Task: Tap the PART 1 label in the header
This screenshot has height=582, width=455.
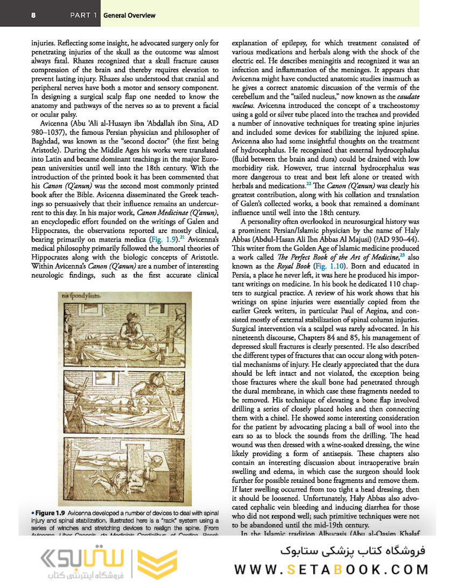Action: coord(83,15)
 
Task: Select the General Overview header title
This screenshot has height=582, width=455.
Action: coord(129,15)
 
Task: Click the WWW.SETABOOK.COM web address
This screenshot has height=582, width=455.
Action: coord(332,569)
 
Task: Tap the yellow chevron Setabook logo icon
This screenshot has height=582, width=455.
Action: coord(156,565)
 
